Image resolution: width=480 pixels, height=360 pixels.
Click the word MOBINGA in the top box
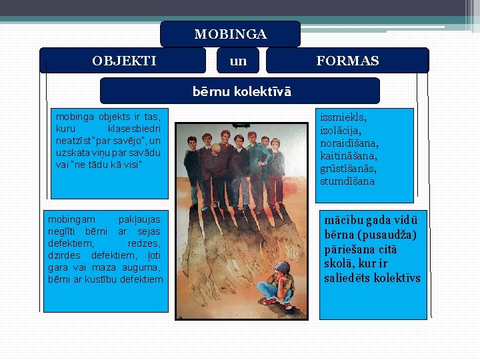230,34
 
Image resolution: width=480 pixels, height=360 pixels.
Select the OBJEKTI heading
124,61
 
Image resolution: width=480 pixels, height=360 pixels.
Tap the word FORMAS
347,61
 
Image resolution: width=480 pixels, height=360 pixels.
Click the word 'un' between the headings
238,61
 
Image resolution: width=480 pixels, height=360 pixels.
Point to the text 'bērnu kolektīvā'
241,91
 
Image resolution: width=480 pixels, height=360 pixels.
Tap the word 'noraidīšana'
349,143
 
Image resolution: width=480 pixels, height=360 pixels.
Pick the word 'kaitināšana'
349,155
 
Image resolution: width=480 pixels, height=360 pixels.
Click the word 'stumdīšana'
347,181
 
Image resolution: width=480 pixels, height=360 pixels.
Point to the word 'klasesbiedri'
133,128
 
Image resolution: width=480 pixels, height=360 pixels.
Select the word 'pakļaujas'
139,219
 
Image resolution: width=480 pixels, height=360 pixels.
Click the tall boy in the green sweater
256,160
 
